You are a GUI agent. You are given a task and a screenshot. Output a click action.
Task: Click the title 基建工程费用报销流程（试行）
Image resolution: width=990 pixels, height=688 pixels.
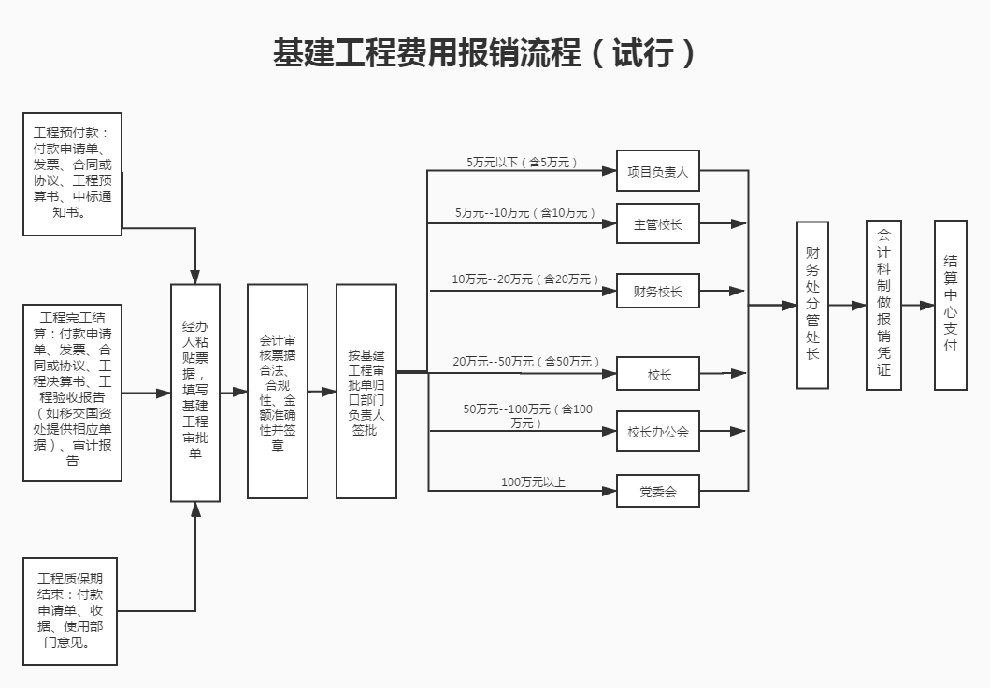point(485,53)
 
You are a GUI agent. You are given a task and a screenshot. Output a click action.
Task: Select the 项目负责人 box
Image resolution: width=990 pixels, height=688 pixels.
point(657,171)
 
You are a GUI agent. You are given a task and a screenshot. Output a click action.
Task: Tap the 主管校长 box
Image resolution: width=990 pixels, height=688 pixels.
point(657,224)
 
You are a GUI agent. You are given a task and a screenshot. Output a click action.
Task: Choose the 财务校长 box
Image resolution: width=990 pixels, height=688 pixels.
point(657,291)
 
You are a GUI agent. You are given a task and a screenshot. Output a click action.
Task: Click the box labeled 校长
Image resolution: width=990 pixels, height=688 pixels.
point(657,374)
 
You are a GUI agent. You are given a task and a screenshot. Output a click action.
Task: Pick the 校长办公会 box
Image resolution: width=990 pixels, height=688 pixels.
point(657,431)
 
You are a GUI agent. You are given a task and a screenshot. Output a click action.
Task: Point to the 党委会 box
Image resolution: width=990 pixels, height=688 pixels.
point(657,491)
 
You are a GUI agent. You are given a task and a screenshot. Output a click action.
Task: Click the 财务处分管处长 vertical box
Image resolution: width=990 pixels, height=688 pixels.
point(812,304)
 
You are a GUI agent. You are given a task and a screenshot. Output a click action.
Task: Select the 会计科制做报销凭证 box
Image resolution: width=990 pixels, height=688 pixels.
point(883,304)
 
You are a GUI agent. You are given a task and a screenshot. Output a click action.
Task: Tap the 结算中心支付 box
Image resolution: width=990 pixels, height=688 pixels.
point(950,304)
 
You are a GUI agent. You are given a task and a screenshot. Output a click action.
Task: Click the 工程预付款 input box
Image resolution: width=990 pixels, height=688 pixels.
point(72,174)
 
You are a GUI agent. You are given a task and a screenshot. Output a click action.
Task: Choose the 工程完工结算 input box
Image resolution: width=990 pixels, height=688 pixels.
point(72,392)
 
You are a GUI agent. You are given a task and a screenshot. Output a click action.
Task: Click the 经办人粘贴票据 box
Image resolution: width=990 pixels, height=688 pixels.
point(195,393)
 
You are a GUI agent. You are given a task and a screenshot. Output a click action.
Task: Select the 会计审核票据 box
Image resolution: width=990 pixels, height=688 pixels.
point(277,393)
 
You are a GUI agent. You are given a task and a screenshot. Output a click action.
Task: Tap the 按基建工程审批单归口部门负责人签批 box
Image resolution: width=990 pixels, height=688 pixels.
point(366,393)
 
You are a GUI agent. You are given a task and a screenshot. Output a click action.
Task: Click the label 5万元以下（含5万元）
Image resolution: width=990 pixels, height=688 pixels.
point(522,162)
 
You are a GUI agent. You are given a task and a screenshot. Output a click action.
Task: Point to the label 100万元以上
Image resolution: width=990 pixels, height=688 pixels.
point(533,482)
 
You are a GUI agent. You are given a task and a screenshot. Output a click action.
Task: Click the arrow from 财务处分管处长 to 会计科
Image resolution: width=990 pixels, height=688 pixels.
point(847,305)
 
